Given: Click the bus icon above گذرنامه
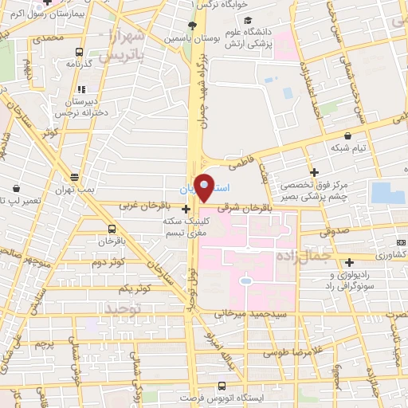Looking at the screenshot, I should (80, 49).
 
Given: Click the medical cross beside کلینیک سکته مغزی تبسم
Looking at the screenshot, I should (186, 210).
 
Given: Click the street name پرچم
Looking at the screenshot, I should (44, 343).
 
